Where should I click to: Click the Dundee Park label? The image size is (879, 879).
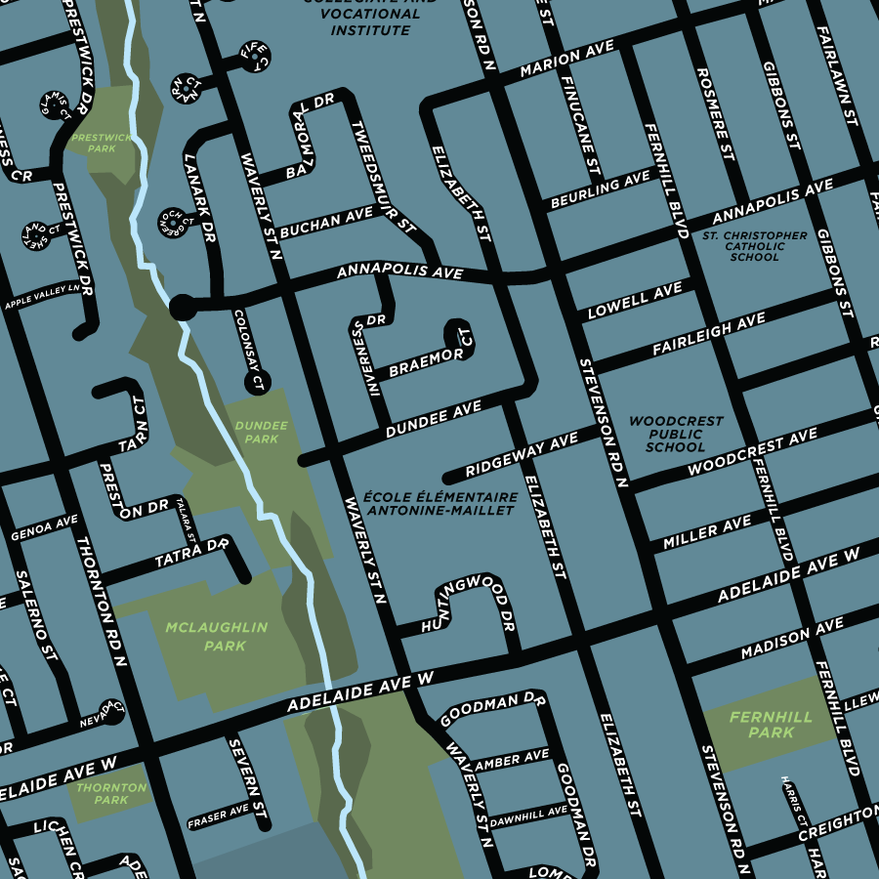pyautogui.click(x=261, y=433)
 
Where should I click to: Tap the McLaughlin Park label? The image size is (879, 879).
pyautogui.click(x=216, y=636)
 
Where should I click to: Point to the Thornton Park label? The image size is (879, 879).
pyautogui.click(x=110, y=793)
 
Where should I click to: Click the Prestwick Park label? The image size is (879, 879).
pyautogui.click(x=102, y=144)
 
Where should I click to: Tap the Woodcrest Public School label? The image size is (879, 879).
pyautogui.click(x=676, y=434)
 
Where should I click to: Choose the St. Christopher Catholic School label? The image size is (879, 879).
pyautogui.click(x=754, y=246)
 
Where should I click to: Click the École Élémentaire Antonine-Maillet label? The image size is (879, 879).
pyautogui.click(x=439, y=503)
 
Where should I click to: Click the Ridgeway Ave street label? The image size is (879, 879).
pyautogui.click(x=523, y=455)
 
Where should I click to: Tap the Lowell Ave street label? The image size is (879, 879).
pyautogui.click(x=634, y=302)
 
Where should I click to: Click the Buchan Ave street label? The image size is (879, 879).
pyautogui.click(x=326, y=223)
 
